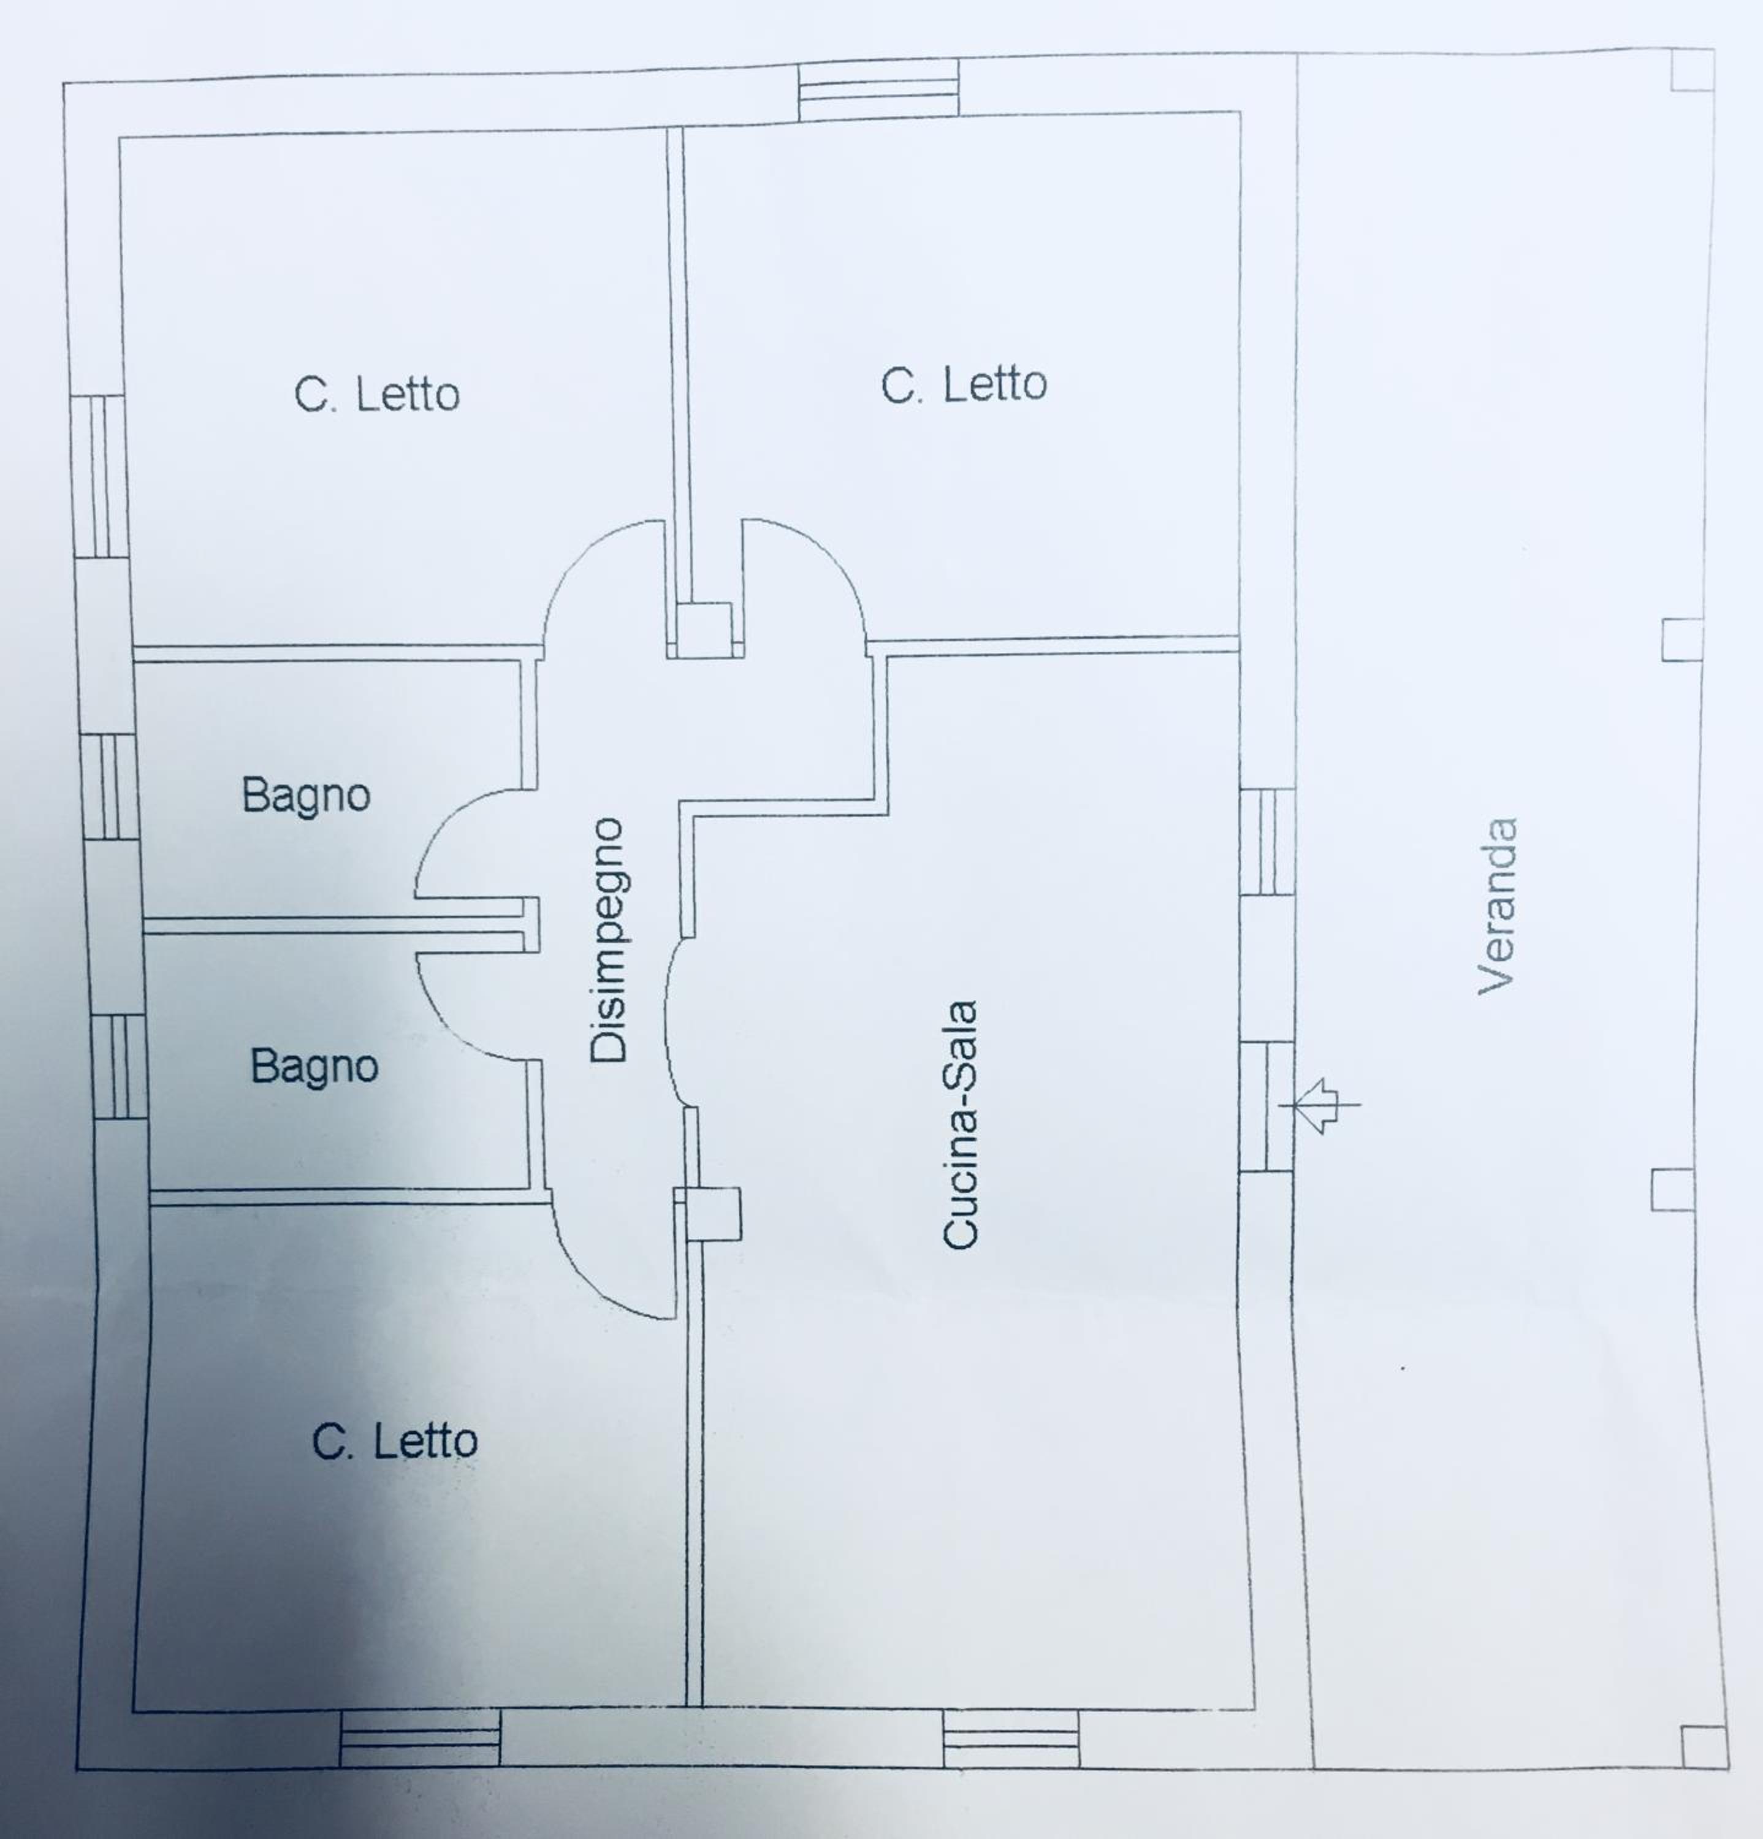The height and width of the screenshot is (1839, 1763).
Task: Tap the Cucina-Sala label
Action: click(x=960, y=1124)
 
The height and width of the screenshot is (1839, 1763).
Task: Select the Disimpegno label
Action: click(x=608, y=939)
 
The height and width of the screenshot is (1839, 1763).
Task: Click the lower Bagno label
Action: click(x=314, y=1066)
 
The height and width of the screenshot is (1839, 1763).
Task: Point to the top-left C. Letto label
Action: click(x=377, y=394)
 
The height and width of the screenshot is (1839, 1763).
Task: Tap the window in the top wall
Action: click(x=879, y=89)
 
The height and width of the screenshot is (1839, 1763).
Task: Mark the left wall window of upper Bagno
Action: click(x=110, y=786)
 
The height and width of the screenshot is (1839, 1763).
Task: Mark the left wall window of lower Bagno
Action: click(x=119, y=1067)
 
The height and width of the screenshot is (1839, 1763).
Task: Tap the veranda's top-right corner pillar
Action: click(x=1693, y=70)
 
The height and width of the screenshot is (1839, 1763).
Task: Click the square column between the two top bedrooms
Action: click(x=704, y=630)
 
